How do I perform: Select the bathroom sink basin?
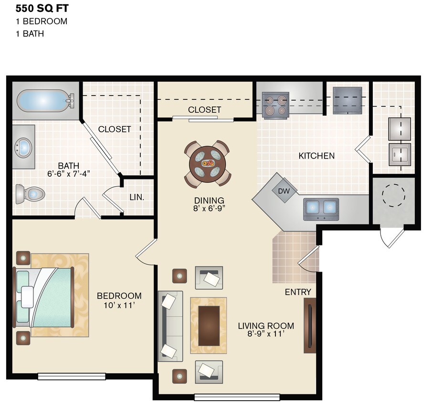click(x=22, y=147)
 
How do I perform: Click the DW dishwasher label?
click(x=284, y=191)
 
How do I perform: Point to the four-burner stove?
click(x=275, y=105)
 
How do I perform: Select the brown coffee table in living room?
click(x=208, y=325)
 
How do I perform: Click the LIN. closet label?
click(x=137, y=197)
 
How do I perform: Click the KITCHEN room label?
click(x=316, y=156)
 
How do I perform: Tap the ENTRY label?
click(x=298, y=292)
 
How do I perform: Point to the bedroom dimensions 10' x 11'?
click(x=119, y=305)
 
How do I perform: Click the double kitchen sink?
click(x=320, y=208)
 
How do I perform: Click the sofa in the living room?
click(x=170, y=326)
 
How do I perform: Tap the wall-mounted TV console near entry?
click(x=309, y=326)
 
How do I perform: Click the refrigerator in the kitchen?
click(x=347, y=101)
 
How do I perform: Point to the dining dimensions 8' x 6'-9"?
click(x=210, y=209)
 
